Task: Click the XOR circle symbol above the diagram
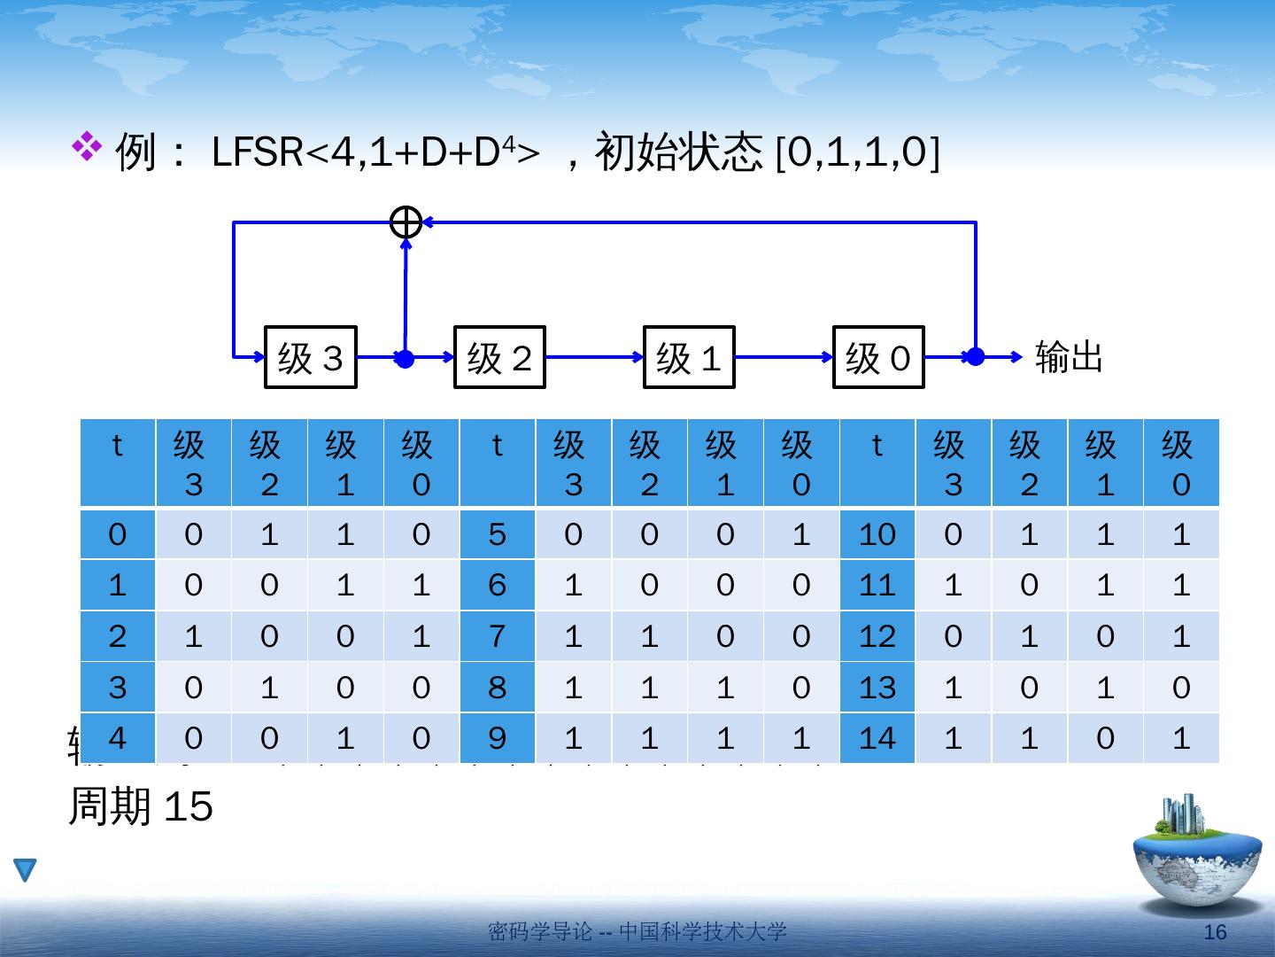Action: [x=406, y=222]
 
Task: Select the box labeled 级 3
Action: [x=311, y=358]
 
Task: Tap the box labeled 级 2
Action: [x=499, y=358]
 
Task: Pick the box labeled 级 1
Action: [x=689, y=358]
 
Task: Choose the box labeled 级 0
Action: [x=878, y=358]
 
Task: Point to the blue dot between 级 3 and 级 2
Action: [x=405, y=359]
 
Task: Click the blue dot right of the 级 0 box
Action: [x=975, y=357]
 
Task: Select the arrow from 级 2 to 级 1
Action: [x=594, y=357]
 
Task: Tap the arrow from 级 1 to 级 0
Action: [x=784, y=357]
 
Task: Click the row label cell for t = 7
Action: [x=498, y=636]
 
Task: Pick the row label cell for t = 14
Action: [x=877, y=738]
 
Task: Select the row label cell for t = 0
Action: [x=118, y=534]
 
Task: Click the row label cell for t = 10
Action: [x=877, y=534]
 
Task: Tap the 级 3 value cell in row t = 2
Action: [x=193, y=636]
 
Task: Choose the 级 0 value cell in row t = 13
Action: [x=1181, y=688]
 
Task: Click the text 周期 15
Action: [x=141, y=807]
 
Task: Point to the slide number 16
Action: [x=1217, y=932]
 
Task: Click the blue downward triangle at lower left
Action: [x=26, y=869]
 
